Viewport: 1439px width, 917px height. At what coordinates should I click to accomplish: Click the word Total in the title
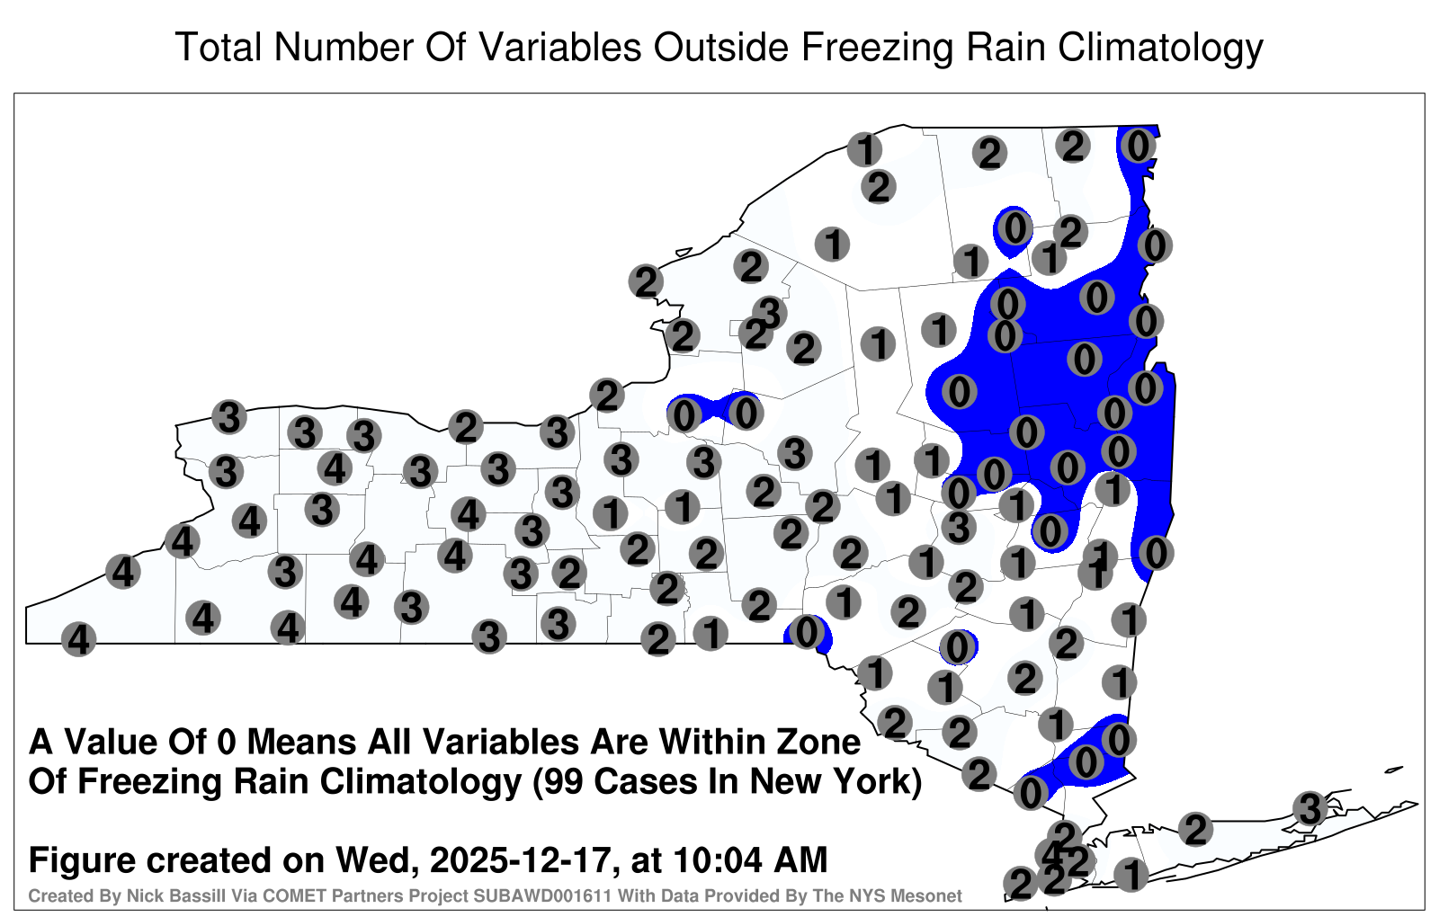point(219,47)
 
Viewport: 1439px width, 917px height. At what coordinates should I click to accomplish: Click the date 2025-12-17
point(519,860)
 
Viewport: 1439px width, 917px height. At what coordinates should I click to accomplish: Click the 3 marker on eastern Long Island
point(1309,808)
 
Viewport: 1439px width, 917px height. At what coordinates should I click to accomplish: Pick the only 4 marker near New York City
point(1051,855)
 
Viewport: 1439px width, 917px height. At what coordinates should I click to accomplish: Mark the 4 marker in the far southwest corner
point(78,639)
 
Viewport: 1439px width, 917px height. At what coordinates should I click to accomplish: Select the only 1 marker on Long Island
point(1131,875)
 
